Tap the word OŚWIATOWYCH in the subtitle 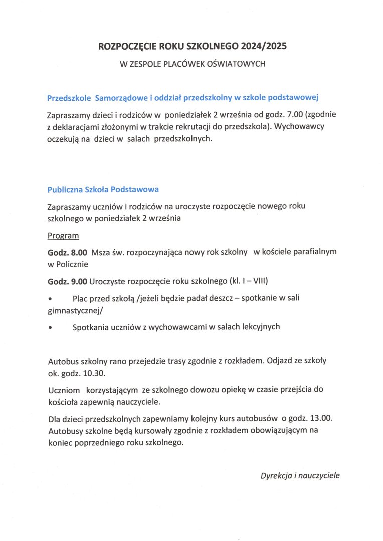(237, 64)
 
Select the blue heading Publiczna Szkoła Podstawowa (103, 190)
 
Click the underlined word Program (63, 235)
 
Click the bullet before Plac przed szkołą (50, 298)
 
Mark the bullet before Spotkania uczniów (50, 327)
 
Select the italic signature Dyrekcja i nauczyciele (300, 475)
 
